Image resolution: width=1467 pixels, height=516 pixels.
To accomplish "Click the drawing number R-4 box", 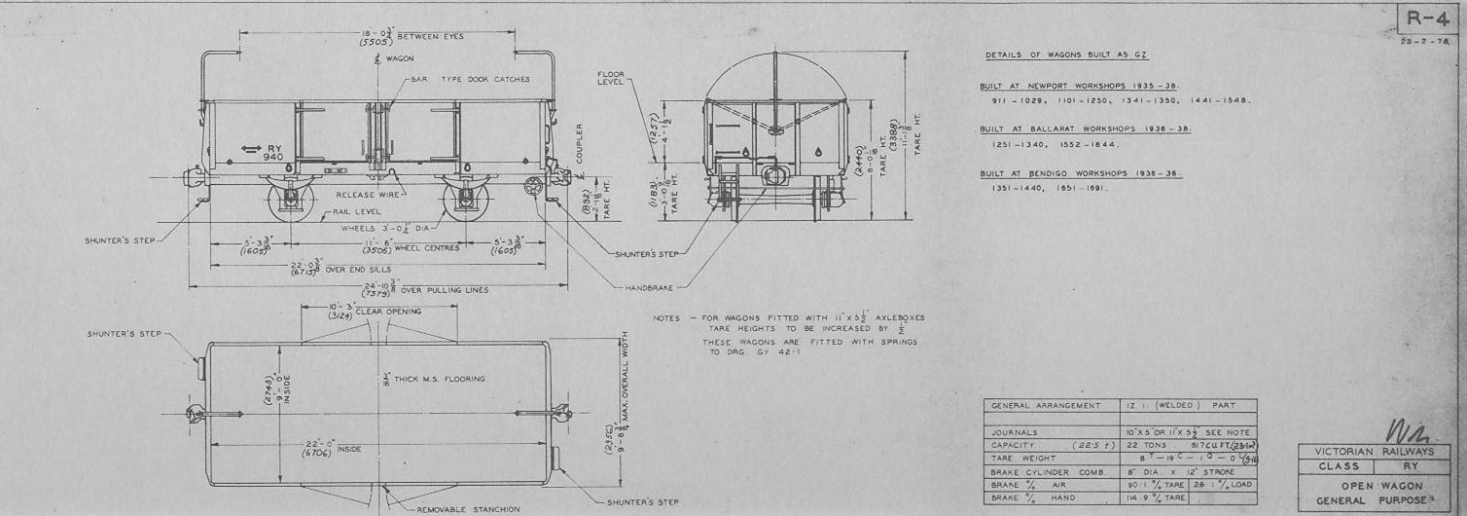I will point(1427,20).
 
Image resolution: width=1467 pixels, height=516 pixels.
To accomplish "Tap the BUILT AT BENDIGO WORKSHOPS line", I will point(1081,173).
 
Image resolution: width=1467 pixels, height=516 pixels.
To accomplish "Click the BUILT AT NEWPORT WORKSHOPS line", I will point(1083,85).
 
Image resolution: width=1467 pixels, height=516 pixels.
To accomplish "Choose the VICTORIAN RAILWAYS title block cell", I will point(1375,452).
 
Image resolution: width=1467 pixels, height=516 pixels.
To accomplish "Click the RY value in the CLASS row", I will point(1412,466).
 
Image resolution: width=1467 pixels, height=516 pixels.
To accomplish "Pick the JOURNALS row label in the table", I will point(1017,431).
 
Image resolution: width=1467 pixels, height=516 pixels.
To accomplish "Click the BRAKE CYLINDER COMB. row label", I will point(1044,471).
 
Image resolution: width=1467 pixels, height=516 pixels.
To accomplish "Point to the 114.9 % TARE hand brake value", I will point(1155,498).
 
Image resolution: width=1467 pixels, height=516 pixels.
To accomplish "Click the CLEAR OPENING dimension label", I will point(388,312).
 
